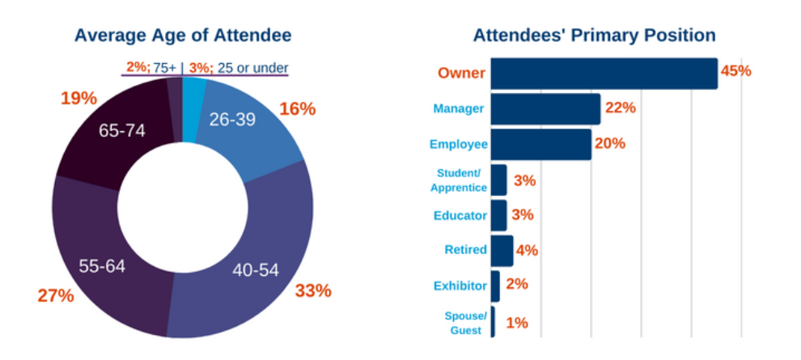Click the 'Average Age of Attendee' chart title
click(183, 36)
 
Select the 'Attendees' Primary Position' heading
click(594, 36)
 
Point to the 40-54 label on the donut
click(255, 269)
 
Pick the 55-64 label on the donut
click(103, 265)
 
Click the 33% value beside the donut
click(313, 290)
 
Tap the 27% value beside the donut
click(56, 295)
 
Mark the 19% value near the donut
click(79, 99)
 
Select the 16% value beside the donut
click(297, 109)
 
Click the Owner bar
click(604, 74)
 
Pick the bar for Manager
click(545, 108)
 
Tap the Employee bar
click(540, 144)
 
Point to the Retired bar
click(502, 251)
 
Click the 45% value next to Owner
click(735, 71)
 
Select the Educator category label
click(460, 216)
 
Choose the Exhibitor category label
click(460, 286)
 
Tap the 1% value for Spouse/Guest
click(517, 323)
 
